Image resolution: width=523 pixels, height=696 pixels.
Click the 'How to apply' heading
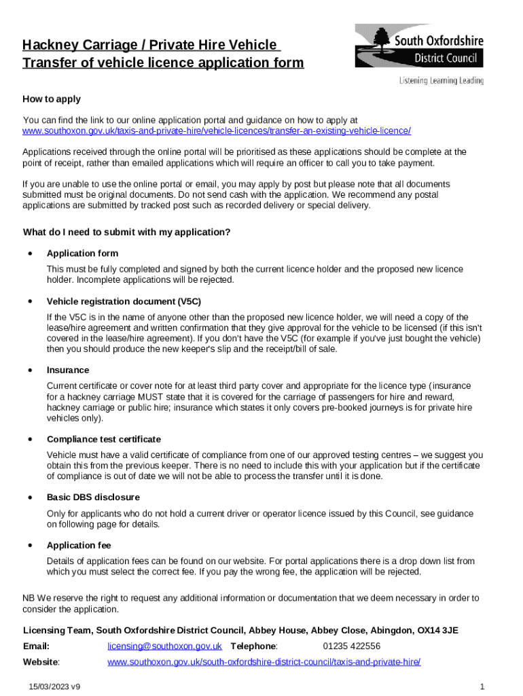(x=52, y=99)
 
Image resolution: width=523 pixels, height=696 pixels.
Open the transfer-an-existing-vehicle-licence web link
(x=217, y=130)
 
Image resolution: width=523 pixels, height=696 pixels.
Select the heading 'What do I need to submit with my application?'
(x=126, y=232)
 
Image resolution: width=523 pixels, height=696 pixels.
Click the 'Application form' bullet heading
(x=82, y=254)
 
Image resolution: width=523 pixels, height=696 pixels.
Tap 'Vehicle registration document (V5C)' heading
(x=124, y=301)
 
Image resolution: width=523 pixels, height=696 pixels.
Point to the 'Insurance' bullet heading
(x=68, y=370)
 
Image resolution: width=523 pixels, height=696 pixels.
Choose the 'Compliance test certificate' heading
(x=104, y=440)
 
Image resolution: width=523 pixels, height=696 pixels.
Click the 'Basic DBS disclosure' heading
(x=93, y=498)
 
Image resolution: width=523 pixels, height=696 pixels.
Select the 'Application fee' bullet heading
(x=79, y=546)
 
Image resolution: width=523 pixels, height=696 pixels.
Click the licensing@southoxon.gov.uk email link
(x=165, y=646)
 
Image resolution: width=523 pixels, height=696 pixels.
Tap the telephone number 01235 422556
(x=351, y=646)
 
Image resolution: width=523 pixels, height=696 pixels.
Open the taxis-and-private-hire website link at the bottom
(x=264, y=662)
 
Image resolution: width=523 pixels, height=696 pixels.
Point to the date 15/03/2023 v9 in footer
(x=54, y=687)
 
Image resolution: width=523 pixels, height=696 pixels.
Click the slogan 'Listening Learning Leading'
(x=441, y=81)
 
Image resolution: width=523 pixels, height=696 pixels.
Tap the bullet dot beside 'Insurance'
(x=30, y=370)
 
